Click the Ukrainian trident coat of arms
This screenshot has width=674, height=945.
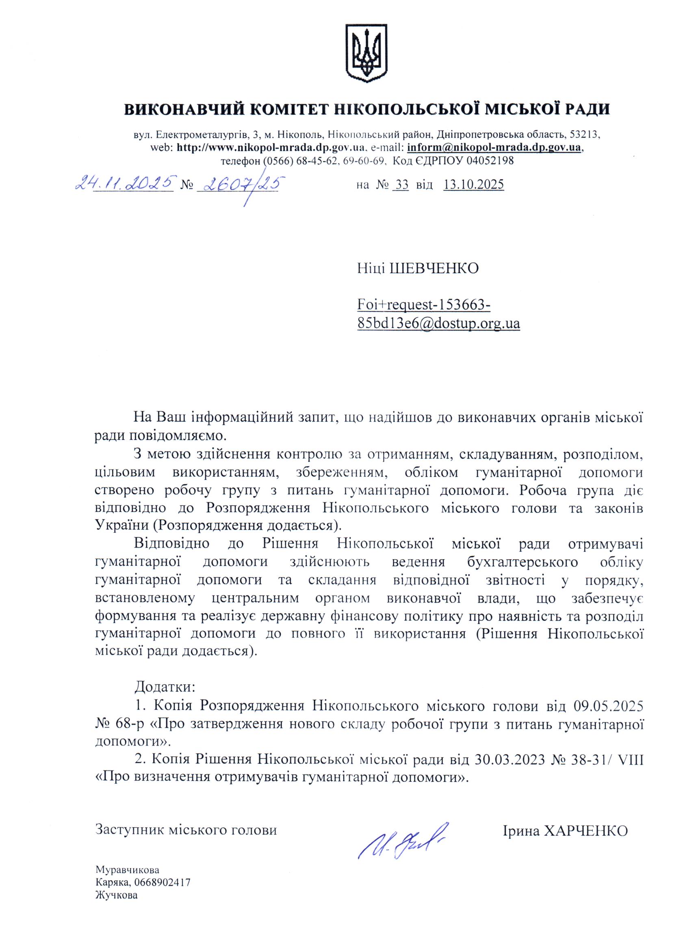(366, 54)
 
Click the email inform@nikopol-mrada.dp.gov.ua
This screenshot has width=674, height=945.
(494, 147)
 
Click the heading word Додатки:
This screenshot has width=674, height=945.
(165, 687)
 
